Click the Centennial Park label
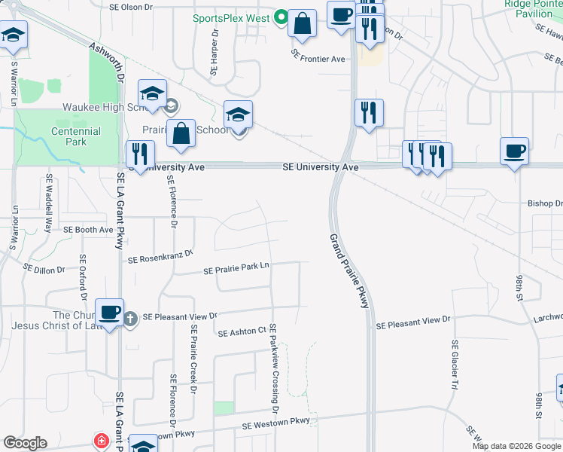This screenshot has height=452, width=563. [76, 136]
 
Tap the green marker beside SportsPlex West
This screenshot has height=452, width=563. [281, 16]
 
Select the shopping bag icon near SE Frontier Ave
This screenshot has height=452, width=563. [302, 23]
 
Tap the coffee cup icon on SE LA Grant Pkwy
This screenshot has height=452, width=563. [110, 311]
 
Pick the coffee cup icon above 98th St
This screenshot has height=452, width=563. [515, 151]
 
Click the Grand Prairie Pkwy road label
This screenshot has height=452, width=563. [349, 270]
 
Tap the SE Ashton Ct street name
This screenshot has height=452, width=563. [242, 331]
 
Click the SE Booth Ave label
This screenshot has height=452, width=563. [88, 229]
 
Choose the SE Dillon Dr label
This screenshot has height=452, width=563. [45, 266]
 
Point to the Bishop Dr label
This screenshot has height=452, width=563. [545, 203]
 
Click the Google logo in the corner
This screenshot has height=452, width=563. [25, 443]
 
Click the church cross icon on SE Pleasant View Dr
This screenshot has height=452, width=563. [130, 318]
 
